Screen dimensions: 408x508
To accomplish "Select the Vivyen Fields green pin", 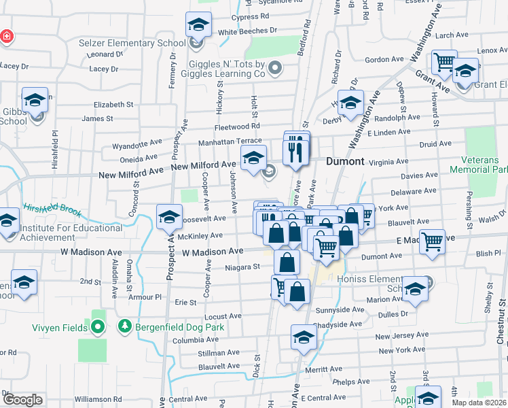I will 97,328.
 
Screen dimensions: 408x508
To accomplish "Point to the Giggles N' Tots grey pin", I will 275,67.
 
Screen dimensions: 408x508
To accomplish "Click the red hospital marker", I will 7,35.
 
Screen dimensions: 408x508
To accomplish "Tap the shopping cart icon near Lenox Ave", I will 445,63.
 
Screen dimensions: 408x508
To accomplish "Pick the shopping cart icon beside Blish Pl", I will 432,241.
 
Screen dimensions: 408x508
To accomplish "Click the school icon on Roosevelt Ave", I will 169,217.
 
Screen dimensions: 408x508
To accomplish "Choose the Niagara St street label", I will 243,267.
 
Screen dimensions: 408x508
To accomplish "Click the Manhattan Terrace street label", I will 230,142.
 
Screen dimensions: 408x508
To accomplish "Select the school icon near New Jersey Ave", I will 304,337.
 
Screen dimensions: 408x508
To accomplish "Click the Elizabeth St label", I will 113,105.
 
